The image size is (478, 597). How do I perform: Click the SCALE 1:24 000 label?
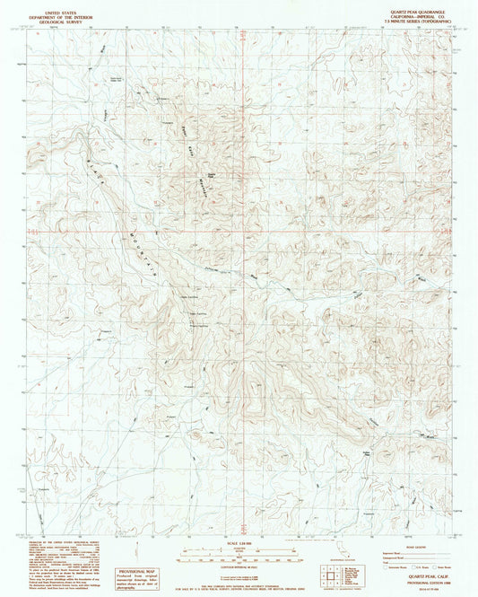point(238,540)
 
